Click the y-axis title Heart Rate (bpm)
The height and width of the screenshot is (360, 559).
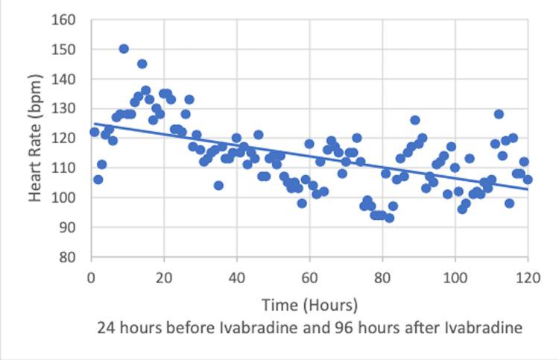(35, 139)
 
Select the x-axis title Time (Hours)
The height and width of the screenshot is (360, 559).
(309, 305)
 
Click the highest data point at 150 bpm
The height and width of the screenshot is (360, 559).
(124, 48)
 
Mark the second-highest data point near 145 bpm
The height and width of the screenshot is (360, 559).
(142, 64)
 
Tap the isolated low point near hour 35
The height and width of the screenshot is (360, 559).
(218, 186)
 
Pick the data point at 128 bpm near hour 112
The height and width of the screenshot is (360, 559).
(499, 114)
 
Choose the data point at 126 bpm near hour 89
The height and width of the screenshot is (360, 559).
(415, 120)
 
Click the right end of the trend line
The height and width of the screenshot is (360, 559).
(528, 189)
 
